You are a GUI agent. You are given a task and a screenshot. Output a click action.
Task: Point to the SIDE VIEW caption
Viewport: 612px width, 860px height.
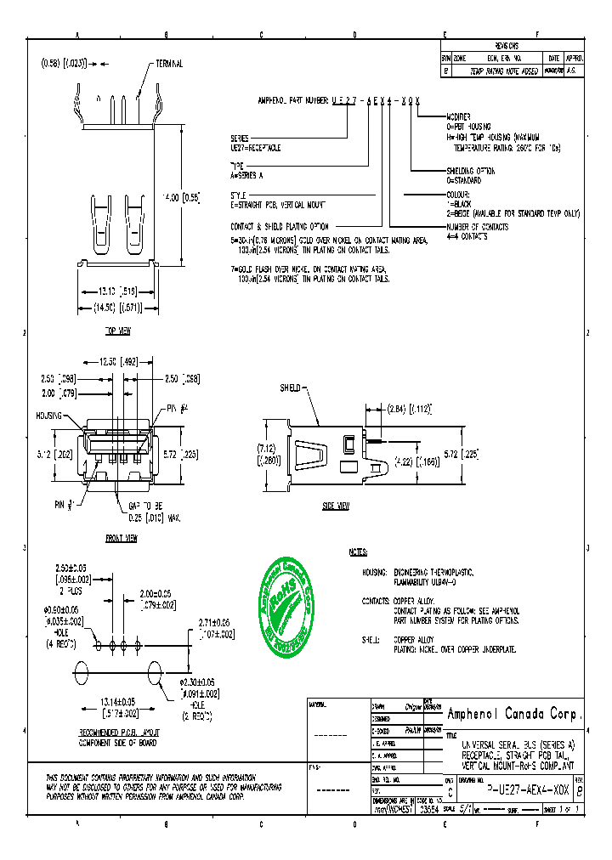[335, 506]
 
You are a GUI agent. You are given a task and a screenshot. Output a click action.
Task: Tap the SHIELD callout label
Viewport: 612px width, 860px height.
[290, 388]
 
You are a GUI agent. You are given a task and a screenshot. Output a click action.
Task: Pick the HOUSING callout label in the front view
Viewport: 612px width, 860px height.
[49, 416]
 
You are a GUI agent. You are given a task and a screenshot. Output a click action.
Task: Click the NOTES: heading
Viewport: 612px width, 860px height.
[358, 552]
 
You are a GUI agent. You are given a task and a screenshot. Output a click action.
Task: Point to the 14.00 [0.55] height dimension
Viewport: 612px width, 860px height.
[180, 197]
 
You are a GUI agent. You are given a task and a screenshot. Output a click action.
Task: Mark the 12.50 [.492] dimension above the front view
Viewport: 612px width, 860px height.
[117, 359]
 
